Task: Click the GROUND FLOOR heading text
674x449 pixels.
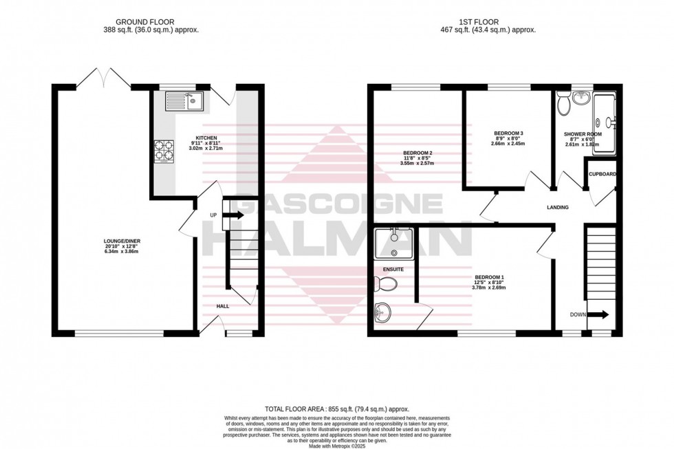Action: point(159,21)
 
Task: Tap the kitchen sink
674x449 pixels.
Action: point(184,102)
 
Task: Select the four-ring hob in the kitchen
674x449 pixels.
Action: point(164,150)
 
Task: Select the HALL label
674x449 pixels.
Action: point(224,307)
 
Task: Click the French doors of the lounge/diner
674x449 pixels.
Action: point(103,78)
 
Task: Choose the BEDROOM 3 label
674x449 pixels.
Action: point(509,133)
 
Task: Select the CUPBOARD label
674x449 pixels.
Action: point(602,174)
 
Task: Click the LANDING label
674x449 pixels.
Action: point(558,208)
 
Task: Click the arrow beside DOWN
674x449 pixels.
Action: point(599,315)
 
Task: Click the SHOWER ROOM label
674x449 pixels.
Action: point(583,134)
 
